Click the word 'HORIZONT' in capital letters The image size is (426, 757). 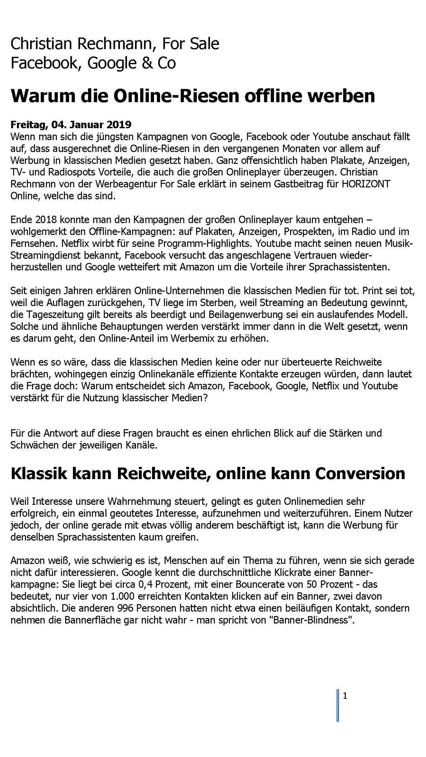tap(366, 184)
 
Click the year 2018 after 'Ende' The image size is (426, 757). tap(47, 220)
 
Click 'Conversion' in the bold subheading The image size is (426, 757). tap(361, 474)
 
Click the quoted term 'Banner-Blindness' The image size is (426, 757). tap(311, 620)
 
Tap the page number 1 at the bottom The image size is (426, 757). tap(345, 696)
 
